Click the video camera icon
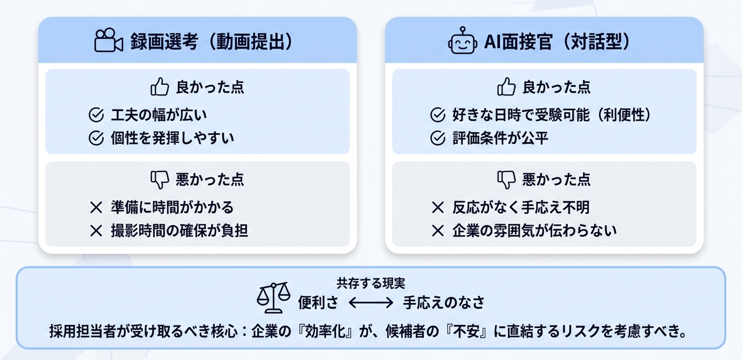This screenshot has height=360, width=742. pyautogui.click(x=109, y=40)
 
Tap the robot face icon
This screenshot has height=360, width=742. pyautogui.click(x=462, y=41)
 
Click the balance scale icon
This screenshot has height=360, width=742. pyautogui.click(x=273, y=297)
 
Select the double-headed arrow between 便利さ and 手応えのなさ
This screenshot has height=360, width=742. pyautogui.click(x=371, y=303)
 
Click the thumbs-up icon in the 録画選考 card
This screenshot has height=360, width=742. pyautogui.click(x=160, y=87)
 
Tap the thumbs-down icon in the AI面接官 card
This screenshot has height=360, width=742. pyautogui.click(x=506, y=179)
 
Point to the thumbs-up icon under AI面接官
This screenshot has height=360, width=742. pyautogui.click(x=506, y=87)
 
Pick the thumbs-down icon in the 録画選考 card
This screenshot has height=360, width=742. pyautogui.click(x=160, y=179)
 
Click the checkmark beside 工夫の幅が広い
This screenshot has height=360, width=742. pyautogui.click(x=96, y=115)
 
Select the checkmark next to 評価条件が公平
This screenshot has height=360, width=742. pyautogui.click(x=438, y=139)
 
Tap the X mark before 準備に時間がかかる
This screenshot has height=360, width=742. pyautogui.click(x=96, y=207)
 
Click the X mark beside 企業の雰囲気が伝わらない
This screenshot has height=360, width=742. pyautogui.click(x=438, y=231)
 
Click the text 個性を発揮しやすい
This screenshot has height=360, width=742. pyautogui.click(x=173, y=139)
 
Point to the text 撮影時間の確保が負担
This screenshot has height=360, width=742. pyautogui.click(x=180, y=231)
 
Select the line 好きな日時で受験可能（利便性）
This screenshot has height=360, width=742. pyautogui.click(x=552, y=115)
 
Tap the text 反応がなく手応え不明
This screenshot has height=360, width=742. pyautogui.click(x=521, y=207)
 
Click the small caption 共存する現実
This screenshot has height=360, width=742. pyautogui.click(x=371, y=283)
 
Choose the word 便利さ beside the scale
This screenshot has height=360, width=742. pyautogui.click(x=319, y=303)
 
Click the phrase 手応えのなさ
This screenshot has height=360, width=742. pyautogui.click(x=444, y=303)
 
